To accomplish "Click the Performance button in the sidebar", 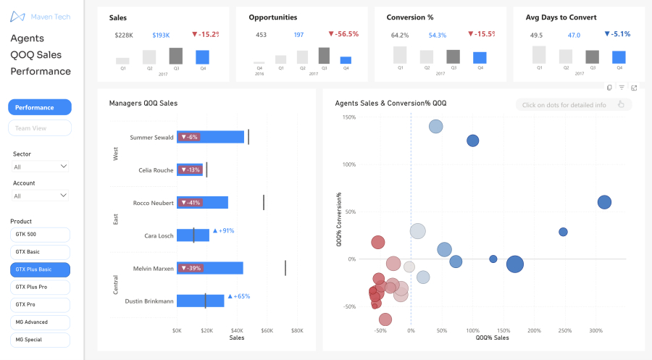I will [x=40, y=107].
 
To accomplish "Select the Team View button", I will [x=40, y=128].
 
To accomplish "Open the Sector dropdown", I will [x=41, y=167].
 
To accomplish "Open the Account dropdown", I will [x=41, y=196].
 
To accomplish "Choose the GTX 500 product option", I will [x=41, y=235].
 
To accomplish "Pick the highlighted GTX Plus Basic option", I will [x=41, y=269].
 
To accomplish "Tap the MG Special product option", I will [x=41, y=339].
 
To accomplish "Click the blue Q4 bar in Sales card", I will [x=202, y=57].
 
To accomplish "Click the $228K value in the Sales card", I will [x=124, y=35].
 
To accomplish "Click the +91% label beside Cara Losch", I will [x=223, y=231].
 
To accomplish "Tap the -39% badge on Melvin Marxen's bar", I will [x=191, y=268].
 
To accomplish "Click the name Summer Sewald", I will [x=151, y=137].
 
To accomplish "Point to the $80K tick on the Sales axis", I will [x=297, y=331].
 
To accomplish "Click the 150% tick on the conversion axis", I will [x=348, y=117].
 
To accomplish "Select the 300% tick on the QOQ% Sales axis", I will [x=595, y=330].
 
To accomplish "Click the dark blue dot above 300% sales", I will [x=604, y=203].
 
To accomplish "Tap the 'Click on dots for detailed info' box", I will [x=573, y=105].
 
